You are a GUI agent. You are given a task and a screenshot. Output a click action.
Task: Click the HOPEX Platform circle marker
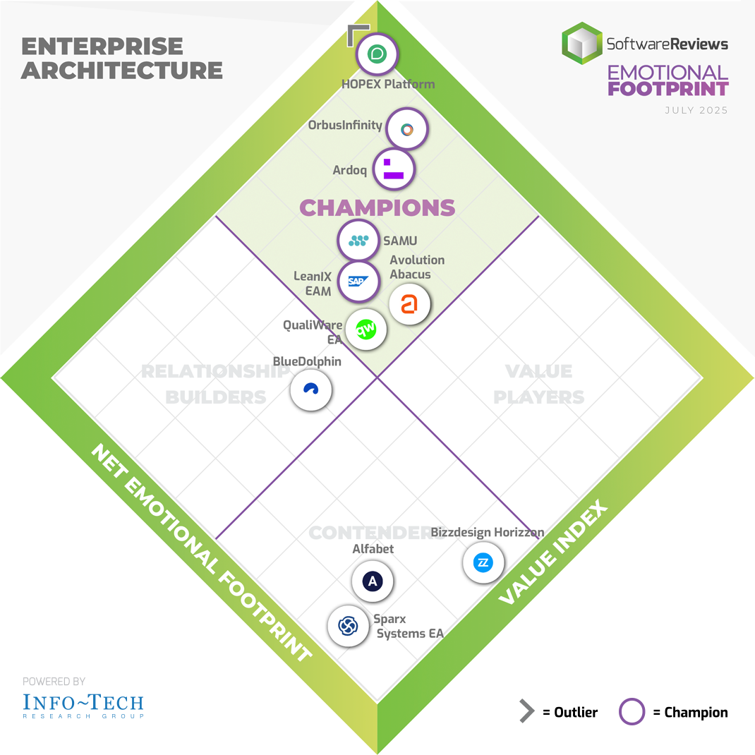377,54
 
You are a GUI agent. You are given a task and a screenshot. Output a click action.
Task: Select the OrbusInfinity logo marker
407,129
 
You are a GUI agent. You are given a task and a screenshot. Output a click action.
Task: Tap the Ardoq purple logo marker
393,169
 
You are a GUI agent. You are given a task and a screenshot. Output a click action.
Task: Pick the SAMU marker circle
358,241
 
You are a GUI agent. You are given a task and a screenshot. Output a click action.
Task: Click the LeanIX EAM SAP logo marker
358,281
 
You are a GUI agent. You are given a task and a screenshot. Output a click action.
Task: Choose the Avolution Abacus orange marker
409,304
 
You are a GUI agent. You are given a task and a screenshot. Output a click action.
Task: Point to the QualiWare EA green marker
366,329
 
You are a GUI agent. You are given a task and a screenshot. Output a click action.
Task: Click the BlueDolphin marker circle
311,389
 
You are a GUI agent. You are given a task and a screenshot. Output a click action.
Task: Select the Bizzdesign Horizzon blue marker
483,563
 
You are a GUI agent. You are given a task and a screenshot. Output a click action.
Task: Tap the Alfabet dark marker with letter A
372,581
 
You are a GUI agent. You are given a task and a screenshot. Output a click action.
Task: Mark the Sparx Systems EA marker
348,625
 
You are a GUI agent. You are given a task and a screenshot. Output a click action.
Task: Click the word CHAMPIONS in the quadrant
377,207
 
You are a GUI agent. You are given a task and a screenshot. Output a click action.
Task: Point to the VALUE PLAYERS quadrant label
539,384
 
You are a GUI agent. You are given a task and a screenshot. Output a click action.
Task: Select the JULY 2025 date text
696,111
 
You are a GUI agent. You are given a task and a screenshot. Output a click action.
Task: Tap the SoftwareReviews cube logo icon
582,44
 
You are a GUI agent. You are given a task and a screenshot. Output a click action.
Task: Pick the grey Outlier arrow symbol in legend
526,712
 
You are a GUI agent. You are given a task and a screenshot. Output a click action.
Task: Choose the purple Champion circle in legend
632,712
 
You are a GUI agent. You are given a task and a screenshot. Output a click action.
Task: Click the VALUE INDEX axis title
552,552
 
